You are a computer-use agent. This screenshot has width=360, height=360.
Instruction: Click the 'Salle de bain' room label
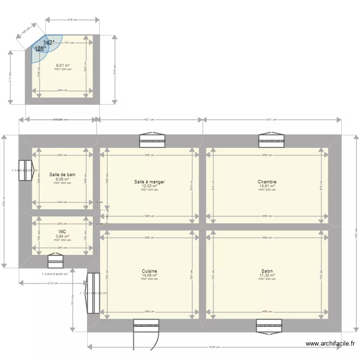click(62, 175)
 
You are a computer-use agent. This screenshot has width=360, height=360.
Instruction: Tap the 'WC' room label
click(62, 232)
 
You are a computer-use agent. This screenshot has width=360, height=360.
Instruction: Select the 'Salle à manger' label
click(149, 182)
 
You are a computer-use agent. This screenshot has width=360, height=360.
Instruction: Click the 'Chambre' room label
click(267, 182)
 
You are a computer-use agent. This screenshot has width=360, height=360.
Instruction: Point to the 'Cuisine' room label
click(149, 271)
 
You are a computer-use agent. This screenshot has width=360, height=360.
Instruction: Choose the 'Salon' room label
click(267, 271)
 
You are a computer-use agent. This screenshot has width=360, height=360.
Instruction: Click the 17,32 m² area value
click(267, 275)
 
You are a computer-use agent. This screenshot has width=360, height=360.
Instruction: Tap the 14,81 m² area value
click(267, 186)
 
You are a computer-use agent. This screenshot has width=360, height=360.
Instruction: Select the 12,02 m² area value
click(149, 186)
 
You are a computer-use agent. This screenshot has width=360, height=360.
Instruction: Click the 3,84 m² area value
click(62, 236)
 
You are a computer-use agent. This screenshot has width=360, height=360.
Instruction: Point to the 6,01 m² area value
click(63, 65)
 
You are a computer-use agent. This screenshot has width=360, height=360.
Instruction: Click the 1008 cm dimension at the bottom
click(214, 347)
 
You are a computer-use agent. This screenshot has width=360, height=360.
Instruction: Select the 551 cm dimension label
click(272, 120)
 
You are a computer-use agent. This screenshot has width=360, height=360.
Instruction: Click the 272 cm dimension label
click(53, 283)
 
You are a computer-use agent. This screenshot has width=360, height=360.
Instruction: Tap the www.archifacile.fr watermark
click(331, 344)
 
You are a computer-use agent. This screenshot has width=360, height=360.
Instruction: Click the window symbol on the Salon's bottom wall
click(268, 326)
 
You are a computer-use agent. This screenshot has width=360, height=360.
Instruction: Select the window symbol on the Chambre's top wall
click(271, 139)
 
